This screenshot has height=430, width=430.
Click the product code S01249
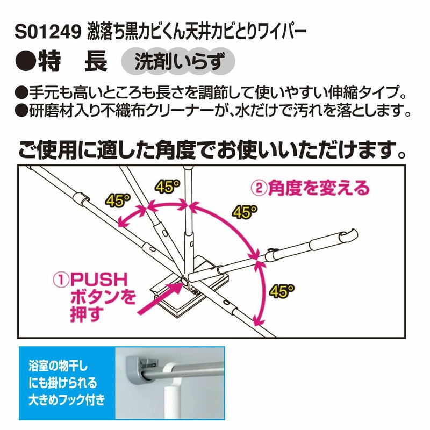tap(48, 33)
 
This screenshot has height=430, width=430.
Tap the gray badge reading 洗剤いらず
tap(178, 62)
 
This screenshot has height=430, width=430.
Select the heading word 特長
tap(73, 62)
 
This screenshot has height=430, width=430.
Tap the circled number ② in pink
tap(259, 189)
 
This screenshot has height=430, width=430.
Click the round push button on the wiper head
tap(184, 281)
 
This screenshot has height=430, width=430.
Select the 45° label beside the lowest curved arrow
tap(281, 291)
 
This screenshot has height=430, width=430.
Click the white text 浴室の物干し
tap(58, 366)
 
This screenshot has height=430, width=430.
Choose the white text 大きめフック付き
tap(67, 399)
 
